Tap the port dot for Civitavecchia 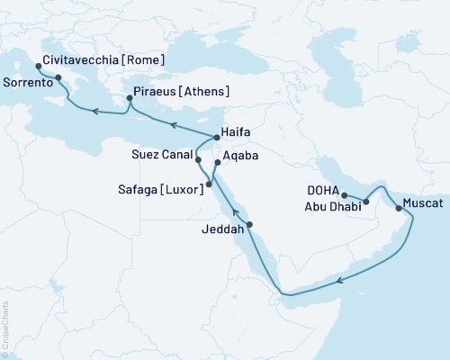[x=38, y=67]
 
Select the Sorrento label [x=26, y=81]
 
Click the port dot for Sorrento [x=59, y=78]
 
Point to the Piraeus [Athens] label [x=181, y=92]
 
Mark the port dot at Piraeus [x=128, y=100]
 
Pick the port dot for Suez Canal [x=198, y=159]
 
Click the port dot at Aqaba [x=217, y=164]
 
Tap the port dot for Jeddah [x=249, y=224]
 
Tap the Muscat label [x=424, y=203]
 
